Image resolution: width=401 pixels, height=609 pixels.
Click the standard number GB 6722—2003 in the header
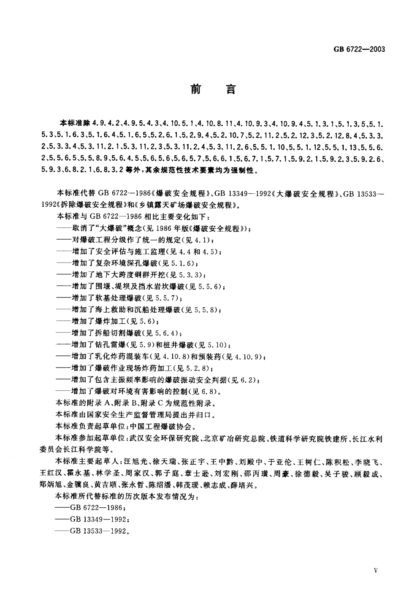point(359,49)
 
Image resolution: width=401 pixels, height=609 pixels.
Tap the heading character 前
point(195,90)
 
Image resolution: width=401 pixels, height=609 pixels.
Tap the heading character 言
point(230,90)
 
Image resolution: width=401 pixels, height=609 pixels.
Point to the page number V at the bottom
point(376,570)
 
